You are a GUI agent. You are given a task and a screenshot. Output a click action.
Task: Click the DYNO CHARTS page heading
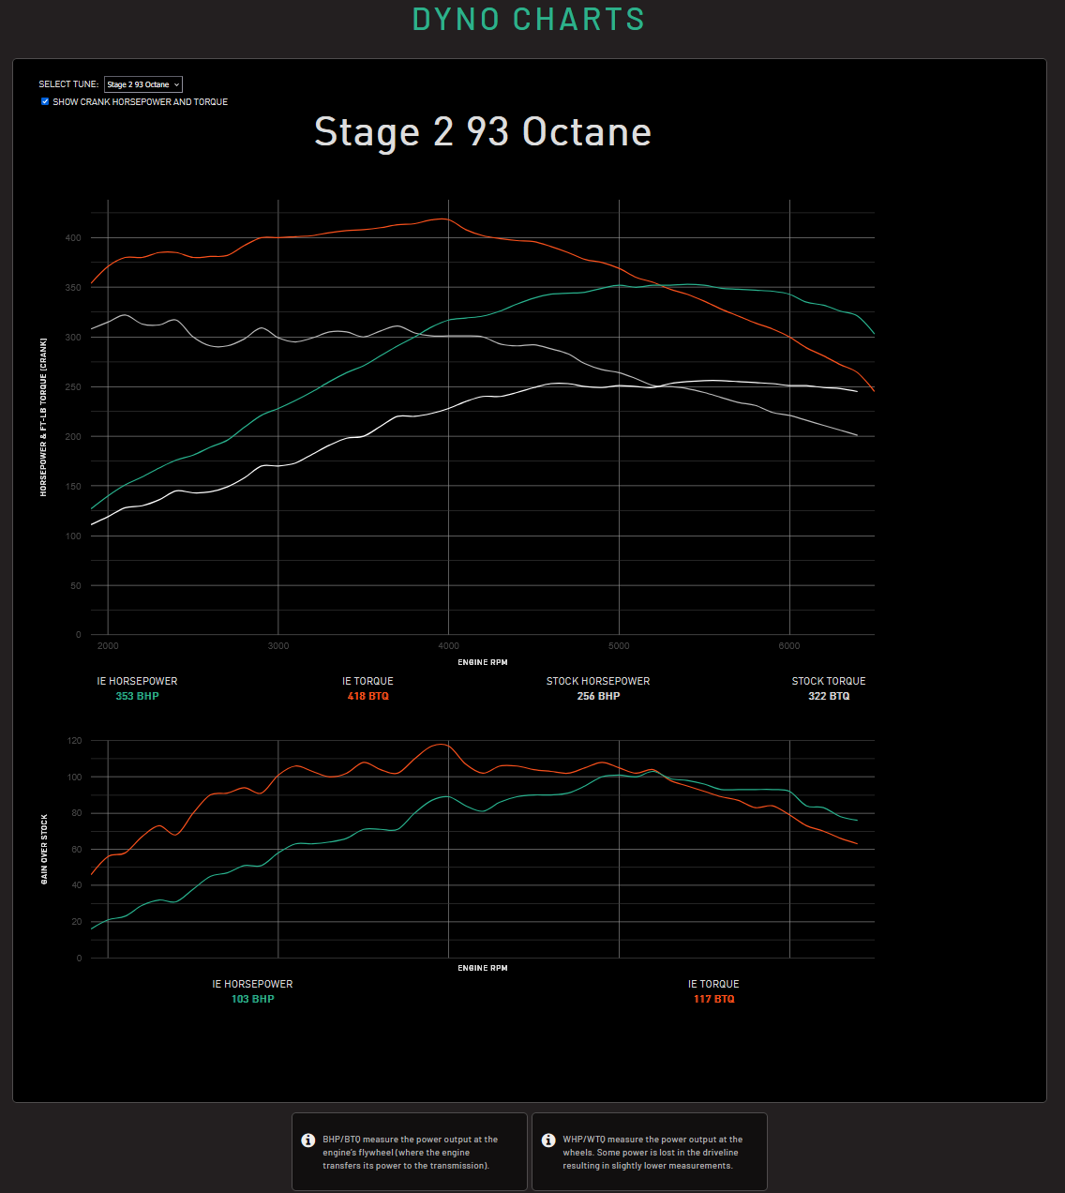point(529,20)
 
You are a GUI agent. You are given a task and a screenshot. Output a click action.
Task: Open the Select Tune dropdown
point(143,84)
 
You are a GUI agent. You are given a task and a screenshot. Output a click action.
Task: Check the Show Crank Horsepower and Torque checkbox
point(45,101)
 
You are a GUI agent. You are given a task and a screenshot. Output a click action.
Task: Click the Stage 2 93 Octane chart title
point(483,132)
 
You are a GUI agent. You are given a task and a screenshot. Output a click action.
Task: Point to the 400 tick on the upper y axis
point(73,238)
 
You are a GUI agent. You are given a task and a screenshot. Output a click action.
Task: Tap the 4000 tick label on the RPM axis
point(448,645)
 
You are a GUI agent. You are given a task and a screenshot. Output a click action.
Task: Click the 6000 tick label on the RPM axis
point(789,645)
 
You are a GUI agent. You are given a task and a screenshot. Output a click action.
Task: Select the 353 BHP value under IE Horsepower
point(137,696)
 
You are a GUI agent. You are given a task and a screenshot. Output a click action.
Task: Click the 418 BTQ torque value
point(367,696)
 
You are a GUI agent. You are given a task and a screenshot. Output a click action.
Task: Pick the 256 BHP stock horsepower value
point(598,696)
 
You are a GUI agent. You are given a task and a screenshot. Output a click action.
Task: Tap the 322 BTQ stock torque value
point(829,696)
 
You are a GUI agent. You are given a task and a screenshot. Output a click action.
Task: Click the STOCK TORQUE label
point(829,681)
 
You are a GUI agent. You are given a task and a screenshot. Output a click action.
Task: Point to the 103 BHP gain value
point(252,999)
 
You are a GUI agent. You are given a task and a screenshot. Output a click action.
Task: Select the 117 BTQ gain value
point(713,999)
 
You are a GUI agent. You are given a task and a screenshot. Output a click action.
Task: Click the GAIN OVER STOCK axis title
point(44,849)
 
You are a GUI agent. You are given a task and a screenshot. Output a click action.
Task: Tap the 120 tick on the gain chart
point(74,741)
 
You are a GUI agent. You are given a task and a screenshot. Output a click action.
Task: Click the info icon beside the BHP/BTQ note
point(307,1140)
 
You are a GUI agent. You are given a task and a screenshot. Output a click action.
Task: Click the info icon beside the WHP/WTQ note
point(548,1140)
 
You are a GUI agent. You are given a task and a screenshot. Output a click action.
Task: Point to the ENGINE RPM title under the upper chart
point(483,662)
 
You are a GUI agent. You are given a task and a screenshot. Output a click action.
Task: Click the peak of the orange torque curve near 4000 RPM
point(441,219)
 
